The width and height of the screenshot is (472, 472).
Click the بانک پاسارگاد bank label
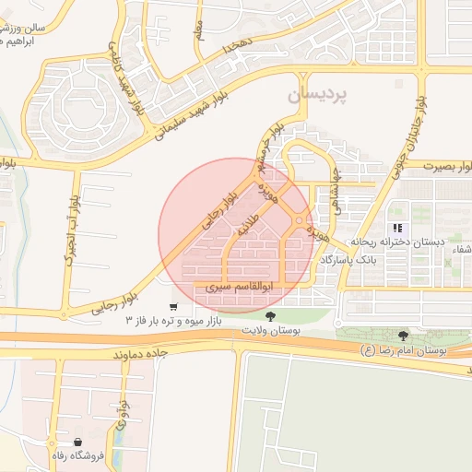[x=349, y=261]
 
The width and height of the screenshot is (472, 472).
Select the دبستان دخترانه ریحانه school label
[x=397, y=242]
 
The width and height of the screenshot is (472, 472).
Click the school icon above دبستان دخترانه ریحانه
[x=397, y=228]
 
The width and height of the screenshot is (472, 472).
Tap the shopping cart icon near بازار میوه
[x=173, y=306]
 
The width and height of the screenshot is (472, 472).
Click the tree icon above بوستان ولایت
[x=270, y=316]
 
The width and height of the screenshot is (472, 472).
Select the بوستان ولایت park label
[x=270, y=330]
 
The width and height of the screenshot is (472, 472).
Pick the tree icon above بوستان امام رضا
[x=402, y=336]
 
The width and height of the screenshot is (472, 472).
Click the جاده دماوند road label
[x=140, y=354]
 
